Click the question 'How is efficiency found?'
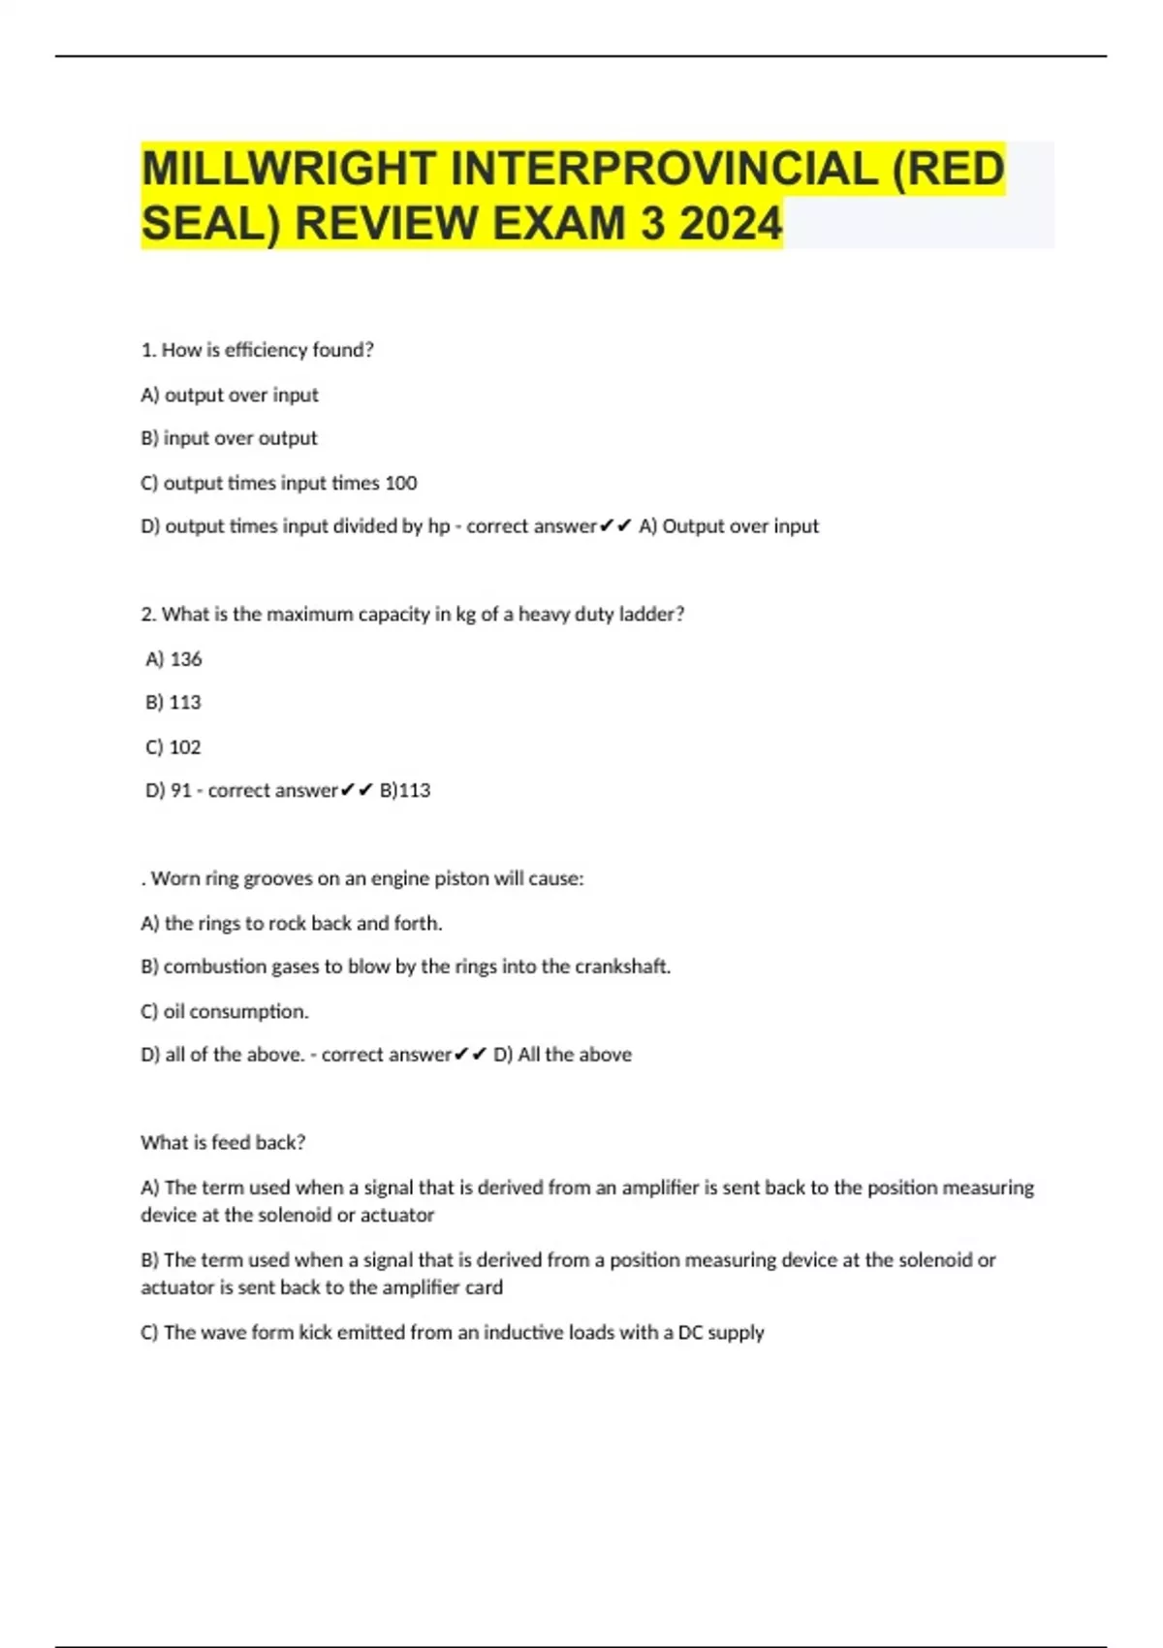click(257, 350)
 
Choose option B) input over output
click(229, 438)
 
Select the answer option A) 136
click(173, 659)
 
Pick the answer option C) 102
click(173, 747)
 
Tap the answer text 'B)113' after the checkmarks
click(405, 791)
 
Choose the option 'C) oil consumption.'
click(225, 1012)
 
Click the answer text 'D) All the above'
click(562, 1055)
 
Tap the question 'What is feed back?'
click(223, 1143)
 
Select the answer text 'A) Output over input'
click(729, 526)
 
